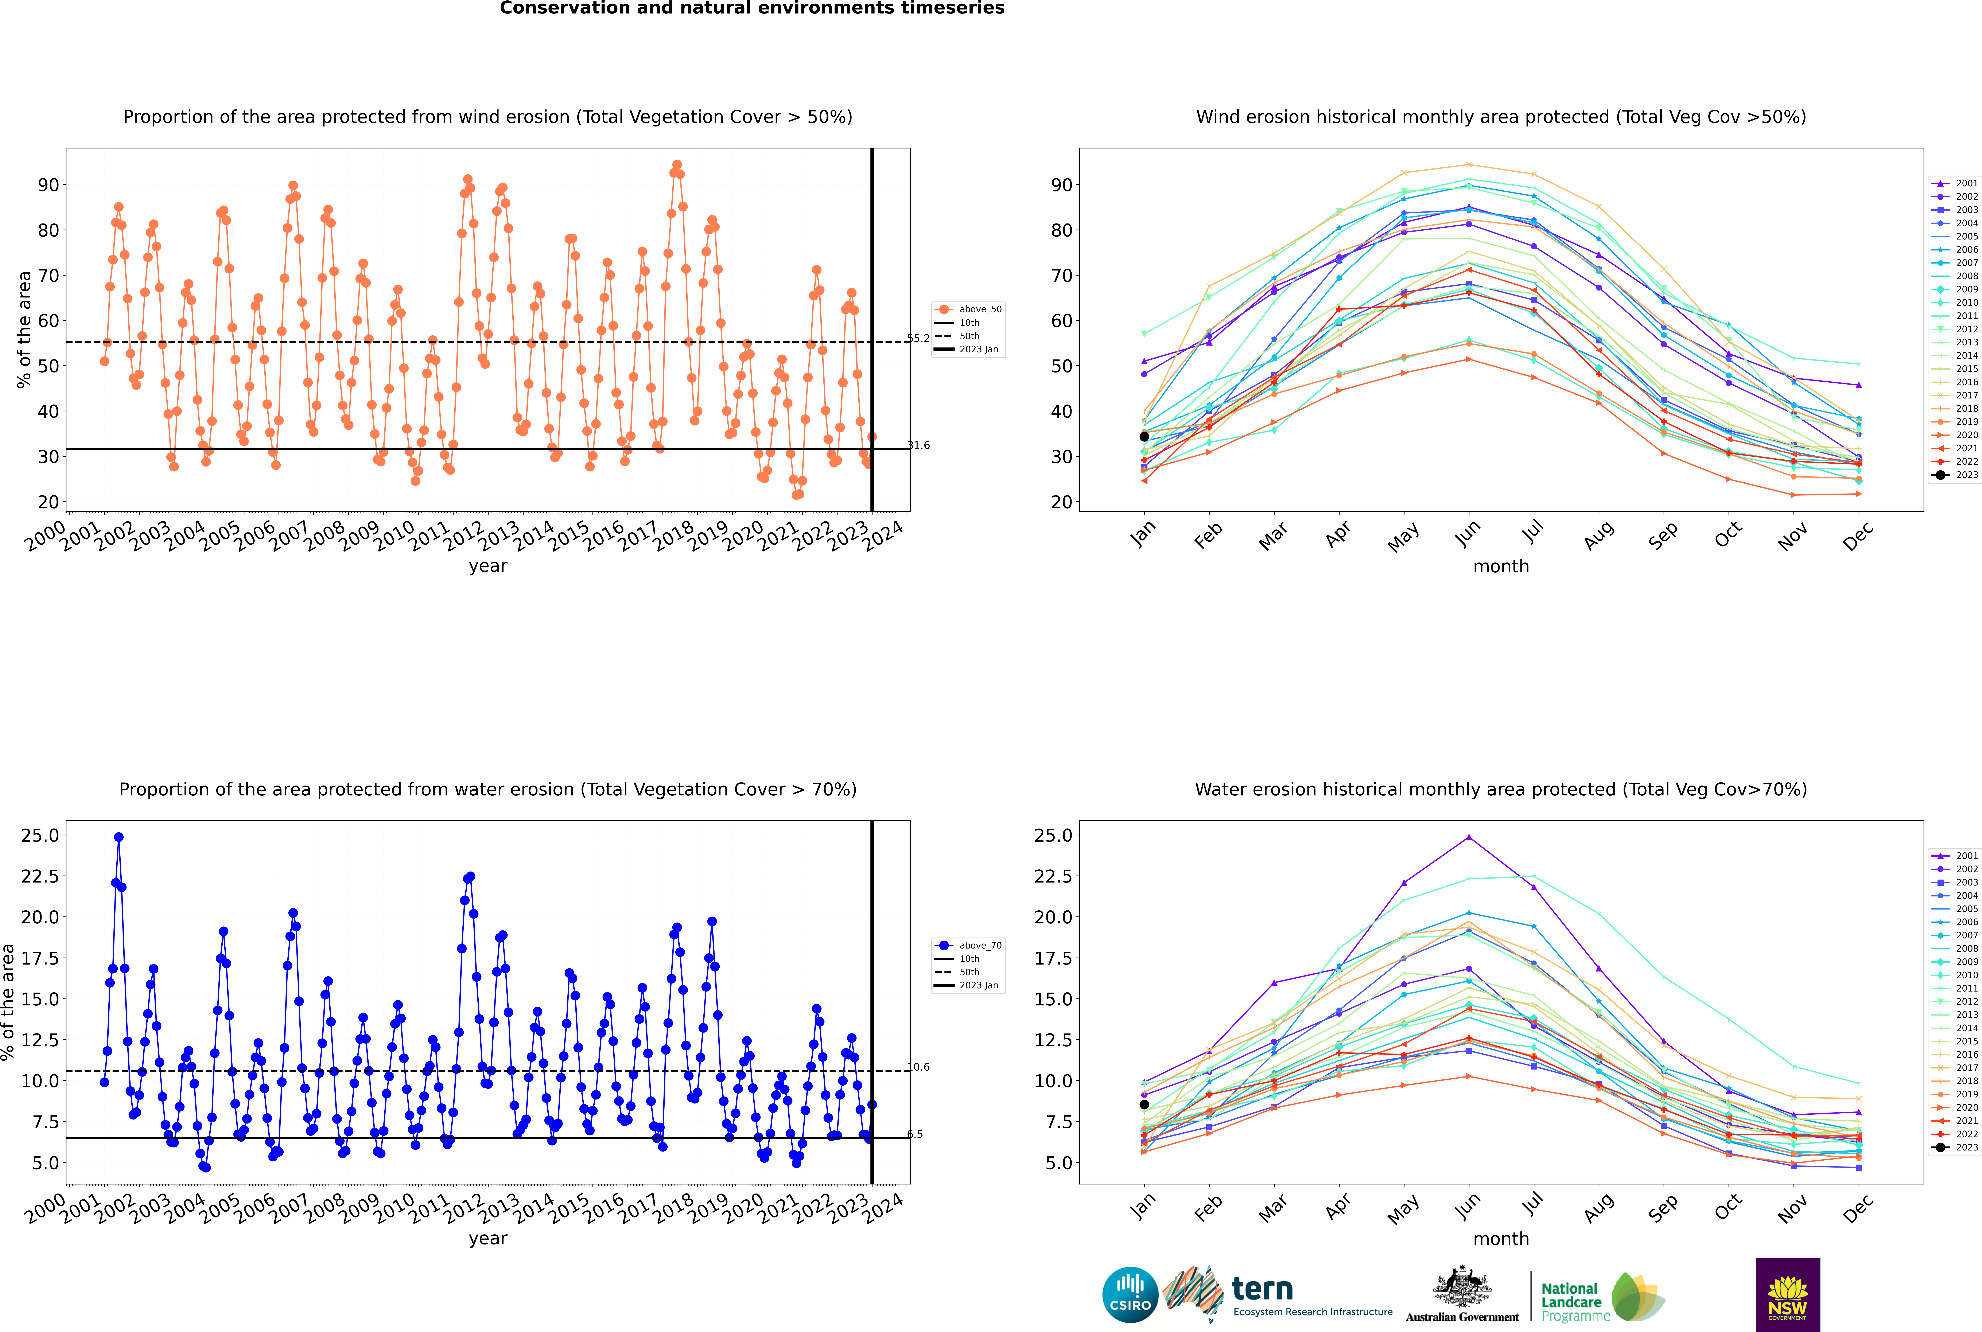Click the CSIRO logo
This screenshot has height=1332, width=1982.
point(1130,1295)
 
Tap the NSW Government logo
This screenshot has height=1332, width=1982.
point(1787,1295)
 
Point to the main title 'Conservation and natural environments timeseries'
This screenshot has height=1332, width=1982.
point(752,8)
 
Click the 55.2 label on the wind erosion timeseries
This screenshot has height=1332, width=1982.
point(918,338)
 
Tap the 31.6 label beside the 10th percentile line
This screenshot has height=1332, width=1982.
point(918,445)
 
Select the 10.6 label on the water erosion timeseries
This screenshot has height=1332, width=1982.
point(918,1067)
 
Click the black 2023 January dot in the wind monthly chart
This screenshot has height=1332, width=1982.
point(1144,437)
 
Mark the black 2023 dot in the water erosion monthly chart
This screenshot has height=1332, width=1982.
point(1144,1104)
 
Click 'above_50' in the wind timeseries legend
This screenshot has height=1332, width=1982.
point(980,309)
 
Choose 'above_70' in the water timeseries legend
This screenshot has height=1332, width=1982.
point(980,946)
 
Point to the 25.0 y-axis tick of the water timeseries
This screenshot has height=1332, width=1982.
point(40,835)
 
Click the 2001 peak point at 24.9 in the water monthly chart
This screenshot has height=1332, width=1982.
point(1469,837)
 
